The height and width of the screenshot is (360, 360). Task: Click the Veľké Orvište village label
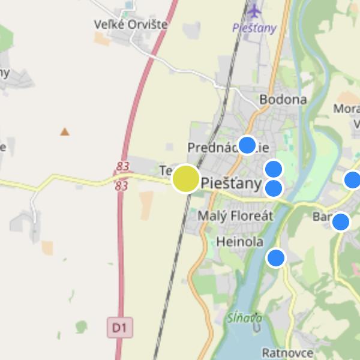130,25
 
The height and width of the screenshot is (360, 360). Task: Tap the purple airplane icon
255,11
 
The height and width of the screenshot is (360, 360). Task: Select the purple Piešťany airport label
254,28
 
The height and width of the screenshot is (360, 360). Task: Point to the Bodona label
283,100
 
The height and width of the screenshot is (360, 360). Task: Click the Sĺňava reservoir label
239,318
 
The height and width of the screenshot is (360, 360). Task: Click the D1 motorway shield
120,328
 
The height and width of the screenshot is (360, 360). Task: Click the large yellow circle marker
186,179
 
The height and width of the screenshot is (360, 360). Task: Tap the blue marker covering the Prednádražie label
247,145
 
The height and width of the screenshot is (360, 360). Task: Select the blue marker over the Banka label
340,221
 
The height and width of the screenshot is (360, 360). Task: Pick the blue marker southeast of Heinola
275,257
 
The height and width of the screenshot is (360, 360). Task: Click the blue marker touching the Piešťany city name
274,188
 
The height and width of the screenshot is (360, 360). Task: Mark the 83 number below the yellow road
122,186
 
